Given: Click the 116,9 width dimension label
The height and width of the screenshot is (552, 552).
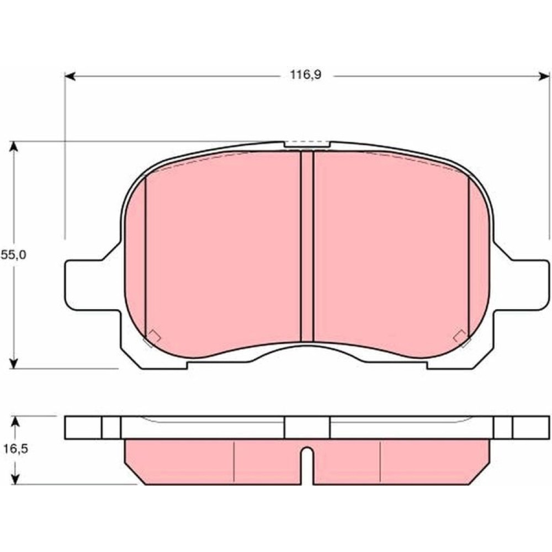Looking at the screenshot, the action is point(306,75).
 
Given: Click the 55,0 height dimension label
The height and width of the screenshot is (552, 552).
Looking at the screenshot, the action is point(13,254).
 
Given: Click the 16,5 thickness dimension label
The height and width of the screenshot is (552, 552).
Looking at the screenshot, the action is point(15,449).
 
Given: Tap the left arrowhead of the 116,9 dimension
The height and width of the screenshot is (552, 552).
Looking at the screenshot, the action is point(70,76).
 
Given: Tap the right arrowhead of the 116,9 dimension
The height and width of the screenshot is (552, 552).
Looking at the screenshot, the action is point(544,76).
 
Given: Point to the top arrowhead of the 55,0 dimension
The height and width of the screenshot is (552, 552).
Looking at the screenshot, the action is point(13,146).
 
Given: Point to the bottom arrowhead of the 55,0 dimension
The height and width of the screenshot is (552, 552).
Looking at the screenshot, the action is point(13,363).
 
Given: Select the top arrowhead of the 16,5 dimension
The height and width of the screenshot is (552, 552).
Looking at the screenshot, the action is point(15,421).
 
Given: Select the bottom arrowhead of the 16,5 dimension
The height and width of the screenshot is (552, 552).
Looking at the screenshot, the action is point(15,479).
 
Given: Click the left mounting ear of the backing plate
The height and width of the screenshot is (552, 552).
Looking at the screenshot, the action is point(92,285).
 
